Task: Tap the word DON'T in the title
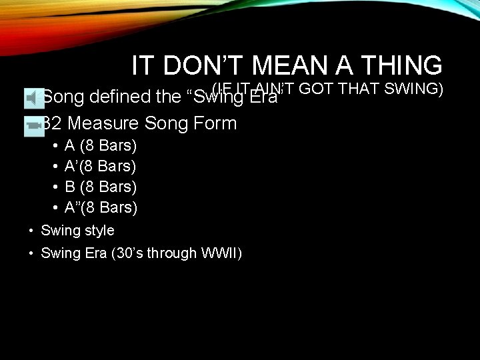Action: [199, 66]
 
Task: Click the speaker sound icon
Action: [32, 98]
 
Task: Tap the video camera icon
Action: [33, 124]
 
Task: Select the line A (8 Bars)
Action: [101, 145]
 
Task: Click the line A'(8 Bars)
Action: [100, 166]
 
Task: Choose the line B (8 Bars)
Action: [101, 187]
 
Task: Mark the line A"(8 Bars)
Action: [101, 207]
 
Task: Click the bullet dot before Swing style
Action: [31, 231]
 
